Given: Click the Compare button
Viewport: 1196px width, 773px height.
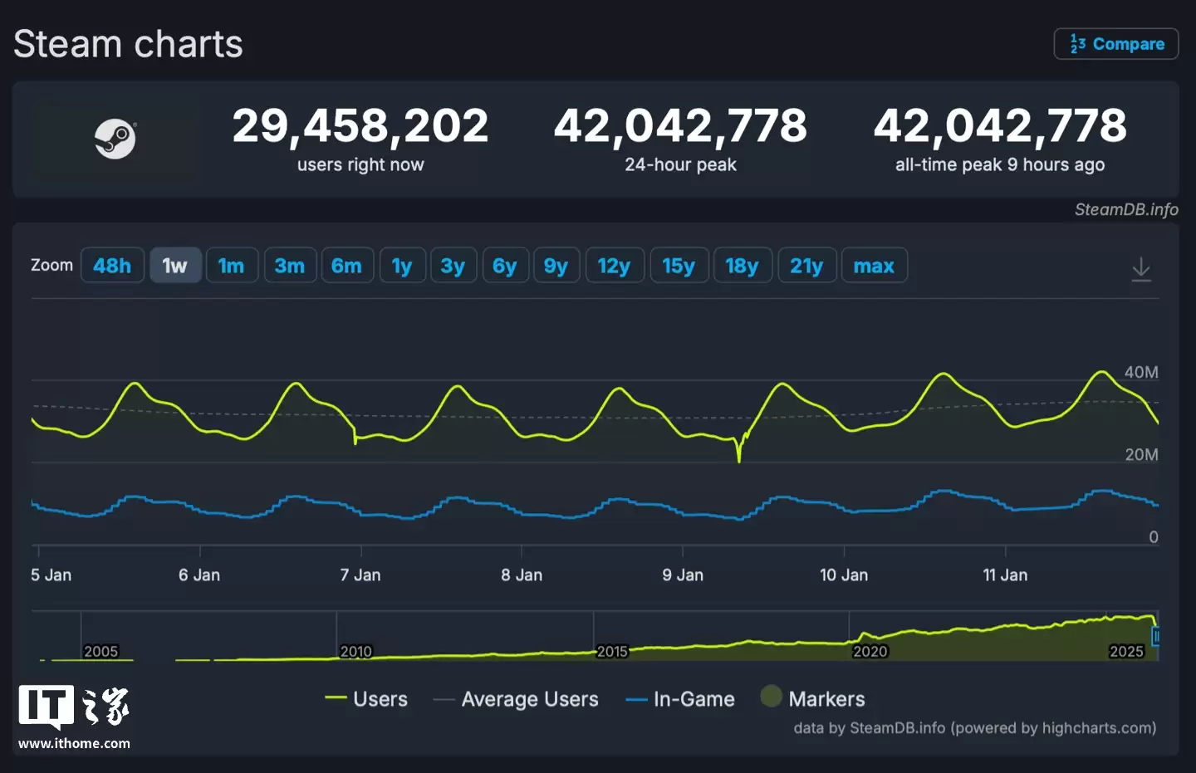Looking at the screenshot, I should (x=1115, y=44).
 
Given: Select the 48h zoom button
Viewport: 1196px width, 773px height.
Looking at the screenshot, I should (x=112, y=266).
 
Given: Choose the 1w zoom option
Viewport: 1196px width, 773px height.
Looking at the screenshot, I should (x=174, y=266).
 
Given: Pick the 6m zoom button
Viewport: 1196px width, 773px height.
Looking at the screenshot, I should (x=346, y=266).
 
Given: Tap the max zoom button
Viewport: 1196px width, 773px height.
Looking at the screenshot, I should (x=874, y=266).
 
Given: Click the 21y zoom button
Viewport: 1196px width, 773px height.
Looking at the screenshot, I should (x=806, y=266).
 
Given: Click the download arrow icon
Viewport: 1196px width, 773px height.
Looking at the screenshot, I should (x=1141, y=269).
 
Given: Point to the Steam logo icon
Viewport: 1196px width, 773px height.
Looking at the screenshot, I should (x=115, y=139).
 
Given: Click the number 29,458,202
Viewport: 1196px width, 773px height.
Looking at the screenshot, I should (x=360, y=126).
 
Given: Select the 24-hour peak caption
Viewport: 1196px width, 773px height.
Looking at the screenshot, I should (x=680, y=164).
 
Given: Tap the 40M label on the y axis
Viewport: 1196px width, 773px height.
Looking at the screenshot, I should (x=1140, y=372).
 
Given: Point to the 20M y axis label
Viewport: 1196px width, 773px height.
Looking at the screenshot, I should (x=1140, y=454).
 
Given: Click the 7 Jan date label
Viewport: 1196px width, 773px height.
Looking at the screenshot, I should (x=360, y=575).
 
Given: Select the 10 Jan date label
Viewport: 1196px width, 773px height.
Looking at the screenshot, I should (x=843, y=575).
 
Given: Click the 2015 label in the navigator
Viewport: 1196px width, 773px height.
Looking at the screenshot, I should (x=612, y=651).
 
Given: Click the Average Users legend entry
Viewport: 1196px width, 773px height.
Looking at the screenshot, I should (x=529, y=699).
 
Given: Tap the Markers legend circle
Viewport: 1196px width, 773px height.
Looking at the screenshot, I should (x=771, y=697).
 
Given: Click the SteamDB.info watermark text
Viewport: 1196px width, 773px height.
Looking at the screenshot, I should (x=1125, y=209).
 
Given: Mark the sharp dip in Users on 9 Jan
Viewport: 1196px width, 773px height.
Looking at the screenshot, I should (x=738, y=458).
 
